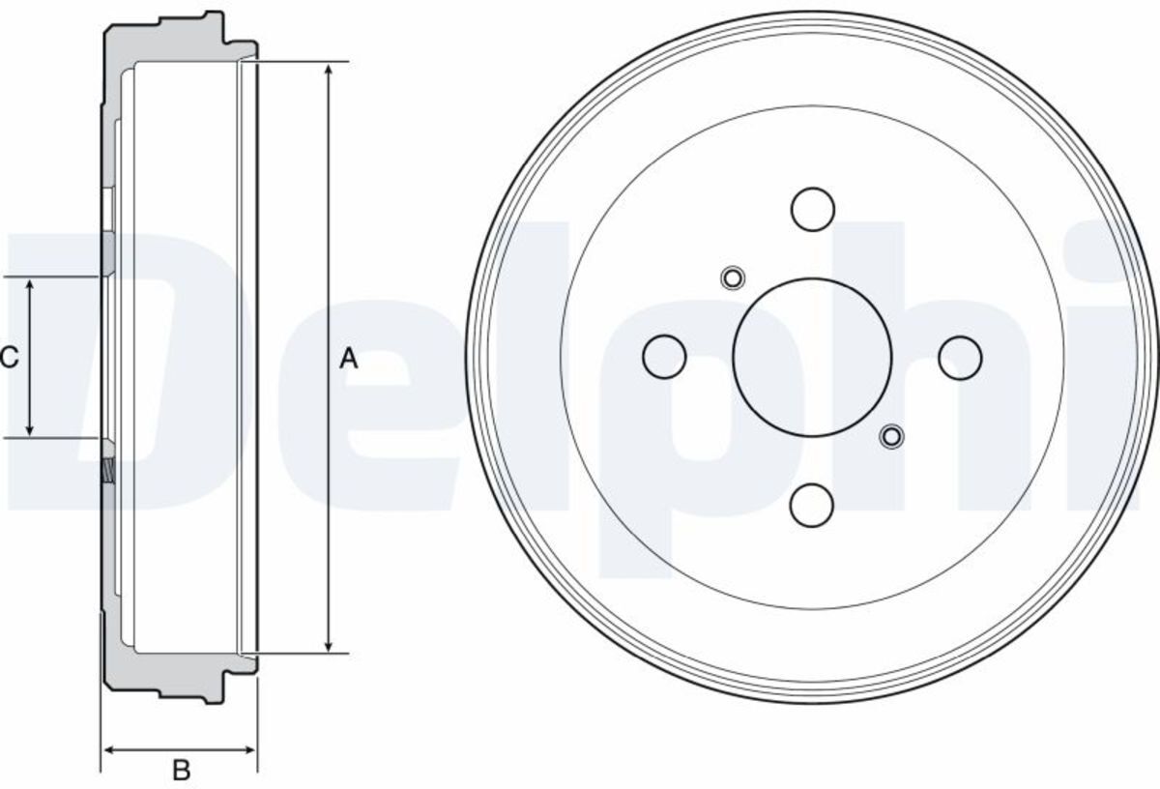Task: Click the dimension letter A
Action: pyautogui.click(x=348, y=359)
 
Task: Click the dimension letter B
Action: pyautogui.click(x=182, y=771)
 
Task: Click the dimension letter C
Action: pyautogui.click(x=9, y=358)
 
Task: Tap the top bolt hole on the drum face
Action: pyautogui.click(x=813, y=209)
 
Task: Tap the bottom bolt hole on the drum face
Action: pyautogui.click(x=811, y=506)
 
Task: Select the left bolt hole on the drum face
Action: pyautogui.click(x=664, y=357)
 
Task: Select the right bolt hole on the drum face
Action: pyautogui.click(x=960, y=358)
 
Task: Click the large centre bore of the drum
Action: pyautogui.click(x=812, y=357)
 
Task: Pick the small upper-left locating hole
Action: pyautogui.click(x=733, y=278)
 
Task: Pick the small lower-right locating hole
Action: pyautogui.click(x=891, y=437)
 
